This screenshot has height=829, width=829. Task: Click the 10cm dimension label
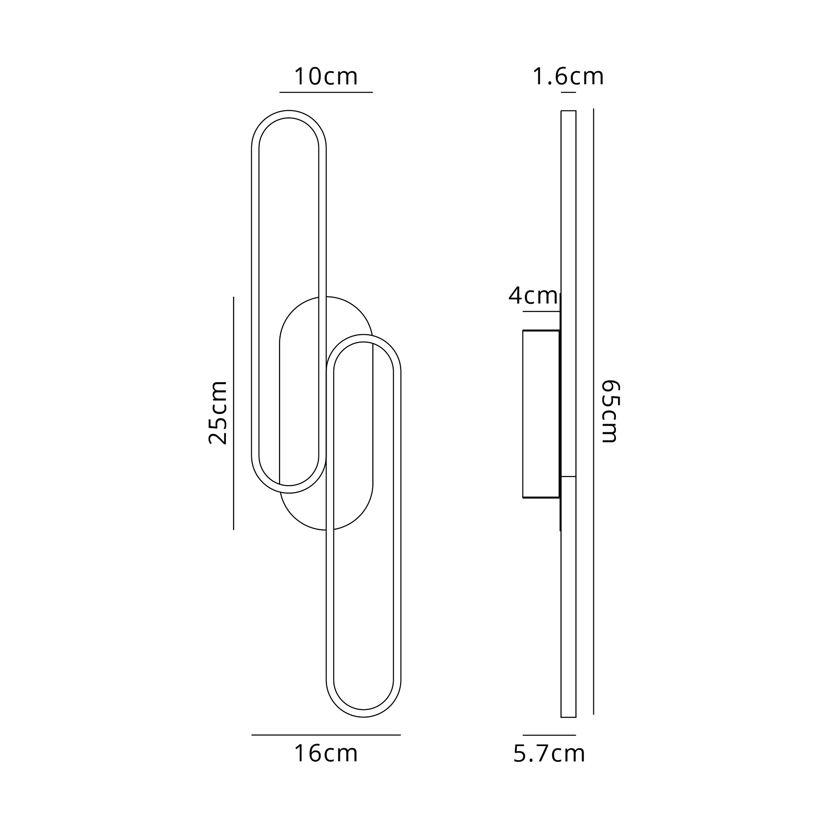pyautogui.click(x=326, y=76)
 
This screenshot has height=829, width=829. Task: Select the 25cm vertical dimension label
pyautogui.click(x=218, y=412)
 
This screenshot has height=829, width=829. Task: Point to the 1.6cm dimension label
pyautogui.click(x=568, y=76)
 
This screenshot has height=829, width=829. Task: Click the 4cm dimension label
pyautogui.click(x=533, y=296)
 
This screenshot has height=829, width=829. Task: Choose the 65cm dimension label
pyautogui.click(x=609, y=411)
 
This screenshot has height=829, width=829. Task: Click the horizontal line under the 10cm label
pyautogui.click(x=326, y=92)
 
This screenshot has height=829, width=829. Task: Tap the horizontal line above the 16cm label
pyautogui.click(x=326, y=735)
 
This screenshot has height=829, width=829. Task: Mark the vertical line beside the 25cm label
pyautogui.click(x=233, y=413)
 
